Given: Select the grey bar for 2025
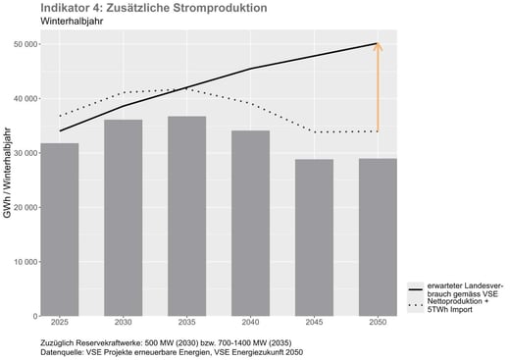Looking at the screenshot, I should [61, 230].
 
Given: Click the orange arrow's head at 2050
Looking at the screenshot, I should [379, 47].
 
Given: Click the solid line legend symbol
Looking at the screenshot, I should [418, 290].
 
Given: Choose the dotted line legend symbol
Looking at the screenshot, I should [418, 307].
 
